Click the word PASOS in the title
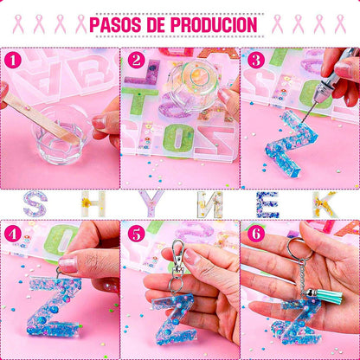(115, 24)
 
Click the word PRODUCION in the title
(214, 24)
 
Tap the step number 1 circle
(13, 61)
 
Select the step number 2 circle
(136, 61)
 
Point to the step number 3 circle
(256, 61)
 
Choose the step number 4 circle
(13, 235)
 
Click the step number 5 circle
(136, 235)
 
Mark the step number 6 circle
(256, 235)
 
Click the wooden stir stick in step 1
(41, 119)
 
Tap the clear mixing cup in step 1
(59, 137)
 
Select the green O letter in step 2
(178, 138)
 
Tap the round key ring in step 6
(300, 248)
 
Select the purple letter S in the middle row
(35, 203)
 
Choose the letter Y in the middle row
(151, 203)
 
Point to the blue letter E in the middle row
(268, 204)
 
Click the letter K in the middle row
(325, 204)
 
